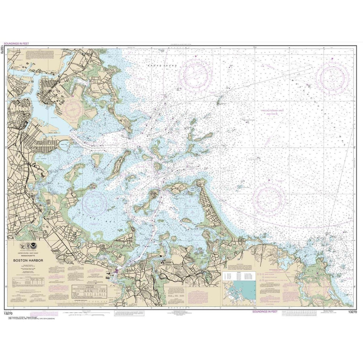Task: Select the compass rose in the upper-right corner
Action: click(x=332, y=76)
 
